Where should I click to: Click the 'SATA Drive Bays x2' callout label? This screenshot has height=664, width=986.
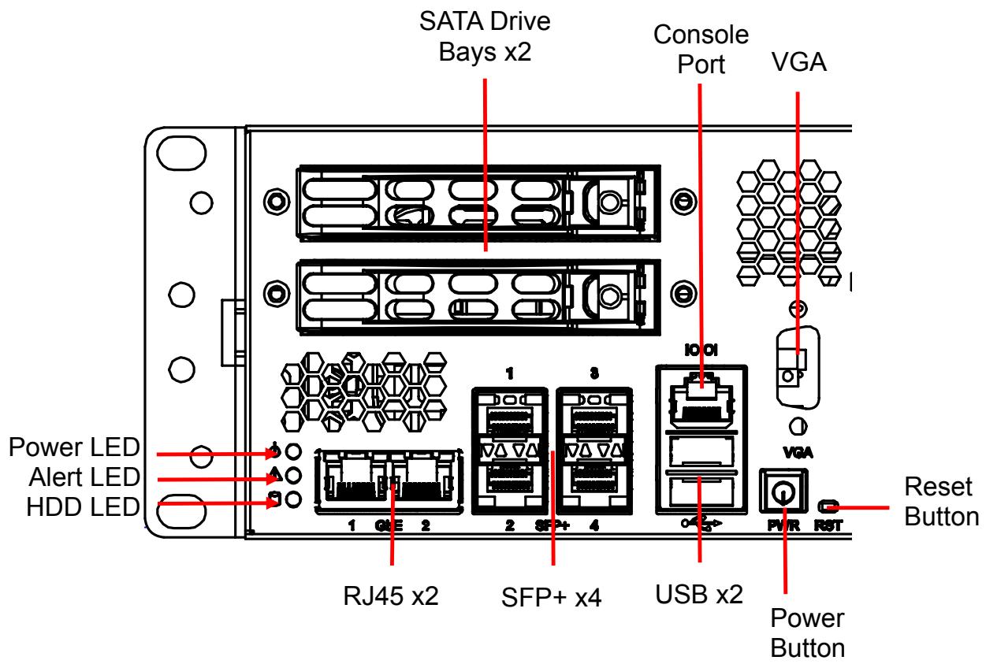pyautogui.click(x=485, y=36)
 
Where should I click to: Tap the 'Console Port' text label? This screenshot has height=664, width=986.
pyautogui.click(x=701, y=50)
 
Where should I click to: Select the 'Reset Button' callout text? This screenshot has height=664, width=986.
pyautogui.click(x=942, y=502)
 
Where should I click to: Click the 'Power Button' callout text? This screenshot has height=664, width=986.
pyautogui.click(x=807, y=632)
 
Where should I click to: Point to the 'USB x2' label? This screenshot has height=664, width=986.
pyautogui.click(x=699, y=595)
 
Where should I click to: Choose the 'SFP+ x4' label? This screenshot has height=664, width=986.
pyautogui.click(x=551, y=598)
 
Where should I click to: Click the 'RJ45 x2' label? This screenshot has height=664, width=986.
pyautogui.click(x=391, y=596)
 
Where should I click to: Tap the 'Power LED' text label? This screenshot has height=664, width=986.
pyautogui.click(x=74, y=447)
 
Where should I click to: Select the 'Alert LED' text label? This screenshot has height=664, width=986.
pyautogui.click(x=84, y=477)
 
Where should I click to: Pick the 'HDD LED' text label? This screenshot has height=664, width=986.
pyautogui.click(x=83, y=507)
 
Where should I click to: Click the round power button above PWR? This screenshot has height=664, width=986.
pyautogui.click(x=783, y=491)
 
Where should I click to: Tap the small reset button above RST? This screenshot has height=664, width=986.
pyautogui.click(x=828, y=506)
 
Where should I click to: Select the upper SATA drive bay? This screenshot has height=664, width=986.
pyautogui.click(x=478, y=203)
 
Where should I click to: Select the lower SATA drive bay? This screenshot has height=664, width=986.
pyautogui.click(x=478, y=298)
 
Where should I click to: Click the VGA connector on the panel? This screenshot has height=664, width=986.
pyautogui.click(x=798, y=368)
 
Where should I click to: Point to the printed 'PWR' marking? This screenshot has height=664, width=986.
pyautogui.click(x=783, y=525)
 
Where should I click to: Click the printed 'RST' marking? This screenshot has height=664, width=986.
pyautogui.click(x=828, y=525)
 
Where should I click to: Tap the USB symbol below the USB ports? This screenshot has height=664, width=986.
pyautogui.click(x=701, y=523)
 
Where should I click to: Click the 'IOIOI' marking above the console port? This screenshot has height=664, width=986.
pyautogui.click(x=701, y=351)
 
